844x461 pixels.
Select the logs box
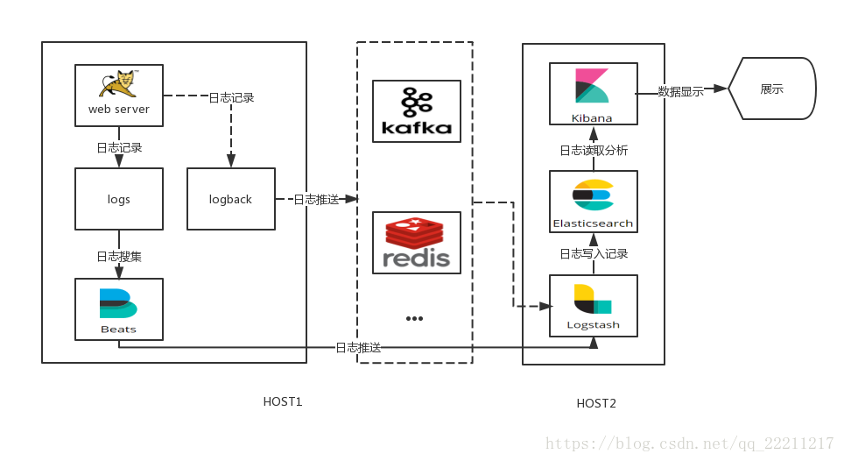coord(119,200)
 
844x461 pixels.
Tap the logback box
coord(230,200)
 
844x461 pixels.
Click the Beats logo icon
coord(118,302)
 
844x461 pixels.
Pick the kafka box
coord(417,111)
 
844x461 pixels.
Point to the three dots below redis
coord(414,318)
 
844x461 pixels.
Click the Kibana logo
coord(592,87)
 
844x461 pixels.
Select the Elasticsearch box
coord(593,202)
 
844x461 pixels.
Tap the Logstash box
coord(593,306)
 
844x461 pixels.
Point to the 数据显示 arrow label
coord(681,91)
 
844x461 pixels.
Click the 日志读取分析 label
coord(594,151)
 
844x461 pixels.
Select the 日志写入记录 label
coord(594,254)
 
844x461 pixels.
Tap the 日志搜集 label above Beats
coord(119,257)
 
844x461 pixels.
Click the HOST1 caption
coord(283,402)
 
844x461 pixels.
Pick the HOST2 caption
coord(596,404)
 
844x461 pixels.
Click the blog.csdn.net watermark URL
coord(689,443)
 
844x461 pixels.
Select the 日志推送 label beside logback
coord(316,200)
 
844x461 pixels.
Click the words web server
coord(119,110)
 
